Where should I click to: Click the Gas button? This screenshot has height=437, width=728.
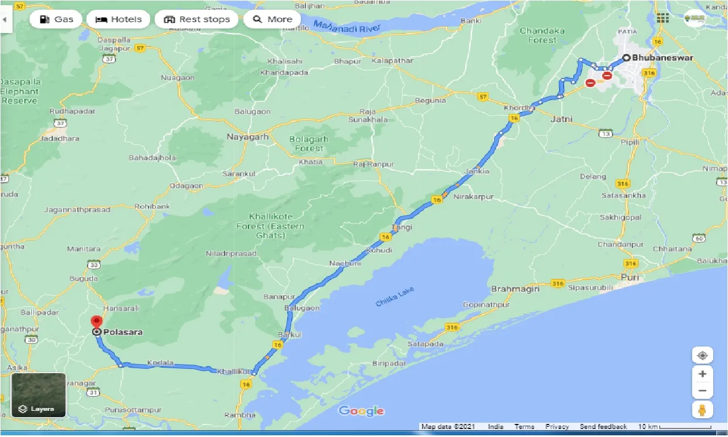tap(56, 19)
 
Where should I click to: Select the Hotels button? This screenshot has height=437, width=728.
tap(118, 19)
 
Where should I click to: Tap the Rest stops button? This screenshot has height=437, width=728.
tap(197, 19)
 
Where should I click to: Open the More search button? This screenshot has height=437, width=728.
tap(272, 19)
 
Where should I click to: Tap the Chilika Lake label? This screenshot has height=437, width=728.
tap(395, 297)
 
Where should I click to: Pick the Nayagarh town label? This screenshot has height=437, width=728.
tap(247, 137)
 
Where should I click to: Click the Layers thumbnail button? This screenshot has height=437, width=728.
tap(39, 395)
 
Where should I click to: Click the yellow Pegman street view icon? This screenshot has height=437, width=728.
tap(702, 410)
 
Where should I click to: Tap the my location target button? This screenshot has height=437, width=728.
tap(702, 356)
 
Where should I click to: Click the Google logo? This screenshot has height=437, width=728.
tap(361, 411)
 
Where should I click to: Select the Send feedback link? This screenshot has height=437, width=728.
tap(603, 427)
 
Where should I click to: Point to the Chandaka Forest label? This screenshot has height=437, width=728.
tap(542, 35)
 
